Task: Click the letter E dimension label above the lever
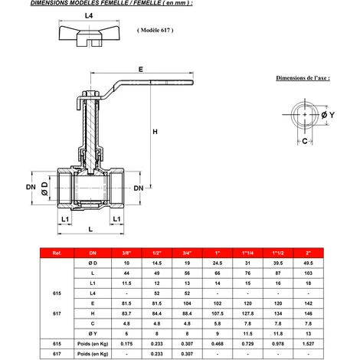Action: click(x=140, y=70)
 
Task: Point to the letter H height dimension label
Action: click(x=155, y=133)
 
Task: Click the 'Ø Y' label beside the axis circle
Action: click(x=331, y=115)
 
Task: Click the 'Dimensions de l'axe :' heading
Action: click(x=303, y=78)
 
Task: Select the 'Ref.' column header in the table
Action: click(x=57, y=252)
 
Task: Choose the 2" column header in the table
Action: click(x=308, y=252)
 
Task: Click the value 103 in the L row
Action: click(x=308, y=273)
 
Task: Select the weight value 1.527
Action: click(x=308, y=344)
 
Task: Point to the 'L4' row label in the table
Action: click(x=93, y=293)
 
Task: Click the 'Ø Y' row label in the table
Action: click(x=93, y=333)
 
